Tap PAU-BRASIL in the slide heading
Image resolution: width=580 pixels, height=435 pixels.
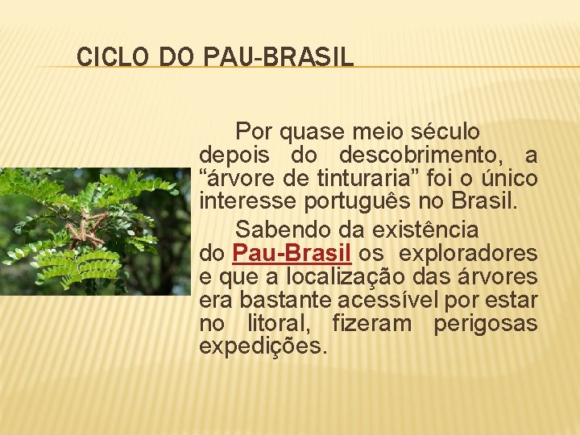tap(279, 57)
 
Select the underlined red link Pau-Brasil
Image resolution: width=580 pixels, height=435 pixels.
tap(292, 253)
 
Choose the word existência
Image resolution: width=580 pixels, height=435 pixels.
tap(420, 230)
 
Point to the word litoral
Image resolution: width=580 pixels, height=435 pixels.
tap(276, 324)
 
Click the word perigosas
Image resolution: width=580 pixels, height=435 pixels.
tap(486, 324)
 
